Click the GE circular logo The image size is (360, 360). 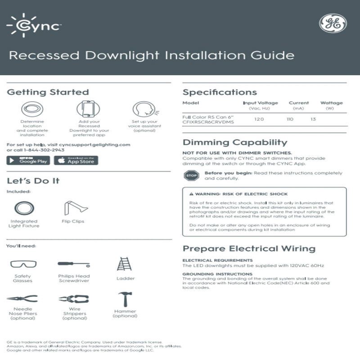(x=333, y=23)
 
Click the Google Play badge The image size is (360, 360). (x=28, y=160)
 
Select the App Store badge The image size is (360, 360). (x=76, y=160)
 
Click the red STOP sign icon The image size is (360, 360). (x=191, y=176)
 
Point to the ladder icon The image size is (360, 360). (x=124, y=264)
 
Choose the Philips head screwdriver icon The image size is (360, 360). (x=74, y=264)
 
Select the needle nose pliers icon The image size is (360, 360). (x=22, y=298)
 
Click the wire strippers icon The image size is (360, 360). (x=74, y=299)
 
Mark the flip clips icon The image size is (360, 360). (x=75, y=207)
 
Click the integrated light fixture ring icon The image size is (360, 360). (x=23, y=208)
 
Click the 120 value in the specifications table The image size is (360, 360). (x=259, y=120)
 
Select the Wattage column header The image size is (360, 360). (x=331, y=103)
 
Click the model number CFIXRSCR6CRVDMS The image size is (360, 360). (x=208, y=122)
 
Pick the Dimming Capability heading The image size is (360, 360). (x=234, y=143)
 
